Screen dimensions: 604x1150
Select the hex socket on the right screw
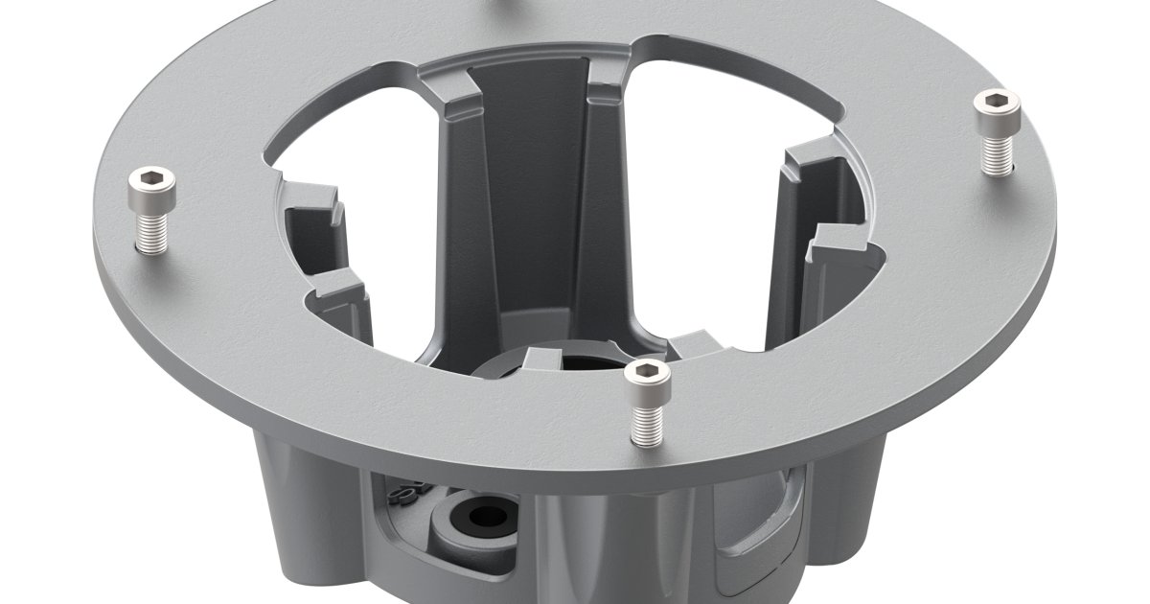[x=996, y=102]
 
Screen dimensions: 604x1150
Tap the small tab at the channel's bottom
[x=542, y=360]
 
